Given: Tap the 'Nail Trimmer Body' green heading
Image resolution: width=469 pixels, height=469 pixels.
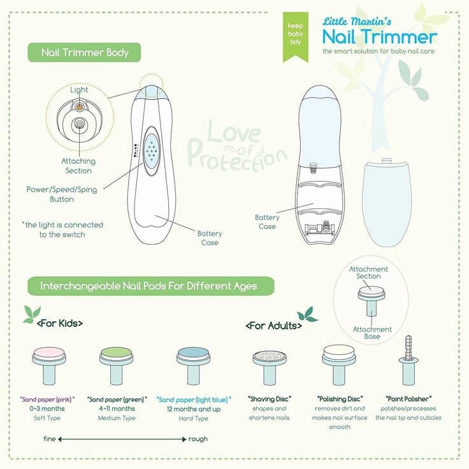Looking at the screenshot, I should (x=84, y=53).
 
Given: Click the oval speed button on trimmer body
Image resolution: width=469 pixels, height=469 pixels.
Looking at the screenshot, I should (x=152, y=150).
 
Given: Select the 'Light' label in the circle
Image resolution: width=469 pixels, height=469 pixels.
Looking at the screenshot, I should (x=79, y=90).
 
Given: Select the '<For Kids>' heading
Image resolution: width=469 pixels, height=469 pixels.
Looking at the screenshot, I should (x=60, y=323).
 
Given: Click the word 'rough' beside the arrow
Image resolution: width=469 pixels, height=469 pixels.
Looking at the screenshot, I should (x=198, y=438).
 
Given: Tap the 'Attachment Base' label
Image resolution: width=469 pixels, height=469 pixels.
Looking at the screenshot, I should (x=372, y=333).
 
